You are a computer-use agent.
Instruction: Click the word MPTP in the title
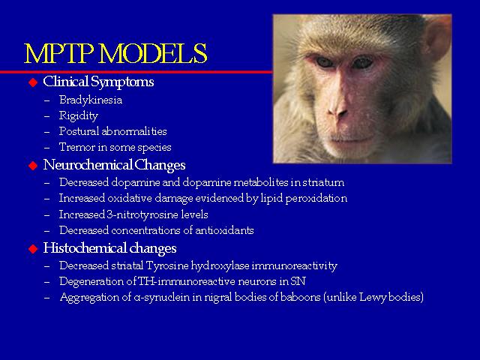click(x=58, y=53)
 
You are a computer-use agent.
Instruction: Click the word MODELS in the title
click(x=153, y=53)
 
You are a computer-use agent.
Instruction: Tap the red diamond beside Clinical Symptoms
click(x=33, y=82)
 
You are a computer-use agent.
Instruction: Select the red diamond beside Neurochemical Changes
click(x=33, y=166)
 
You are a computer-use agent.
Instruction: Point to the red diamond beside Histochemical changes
click(x=33, y=249)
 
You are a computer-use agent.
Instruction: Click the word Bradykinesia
click(x=91, y=100)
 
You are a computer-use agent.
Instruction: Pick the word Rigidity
click(x=78, y=116)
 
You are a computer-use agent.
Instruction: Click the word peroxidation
click(x=316, y=199)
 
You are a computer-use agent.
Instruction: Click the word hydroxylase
click(x=220, y=266)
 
